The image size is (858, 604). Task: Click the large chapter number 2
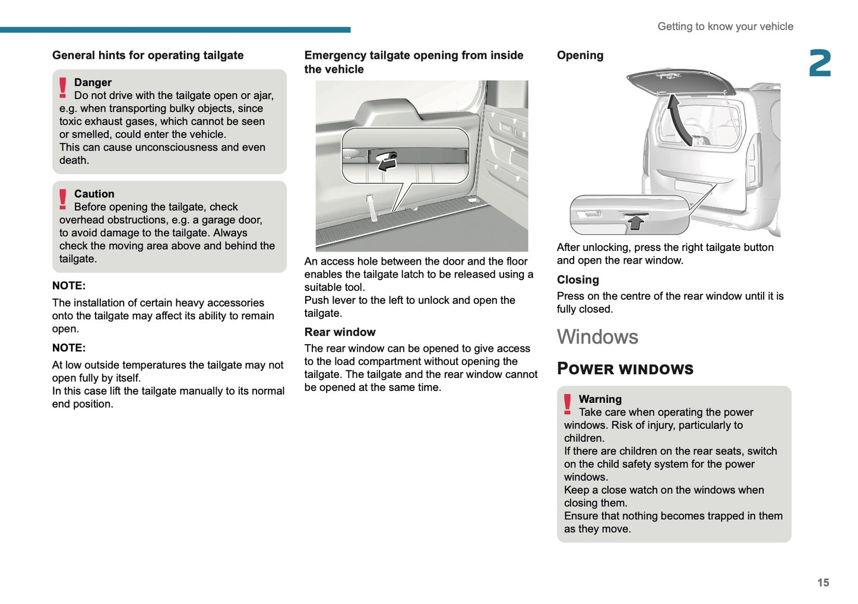pos(819,63)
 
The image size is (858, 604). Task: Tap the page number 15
pos(822,583)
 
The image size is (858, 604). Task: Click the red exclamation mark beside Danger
pos(63,87)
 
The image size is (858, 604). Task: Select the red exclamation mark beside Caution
pos(63,199)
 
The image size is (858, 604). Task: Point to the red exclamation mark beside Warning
pos(568,404)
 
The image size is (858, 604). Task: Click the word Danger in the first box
pos(93,82)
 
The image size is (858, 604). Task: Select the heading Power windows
pos(625,369)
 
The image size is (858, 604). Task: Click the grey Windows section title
pos(597,337)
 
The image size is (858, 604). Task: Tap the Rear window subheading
pos(340,332)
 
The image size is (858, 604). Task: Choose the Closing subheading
pos(578,280)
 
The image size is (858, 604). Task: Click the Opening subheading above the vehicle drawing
pos(580,55)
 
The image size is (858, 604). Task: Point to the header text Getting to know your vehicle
pos(725,27)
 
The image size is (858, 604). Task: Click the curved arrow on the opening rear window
pos(678,119)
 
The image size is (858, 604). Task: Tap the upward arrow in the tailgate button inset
pos(636,222)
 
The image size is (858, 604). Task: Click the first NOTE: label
pos(69,286)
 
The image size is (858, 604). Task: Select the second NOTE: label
pos(69,348)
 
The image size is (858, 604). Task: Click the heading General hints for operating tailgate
pos(148,55)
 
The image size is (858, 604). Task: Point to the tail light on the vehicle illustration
pos(752,160)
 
